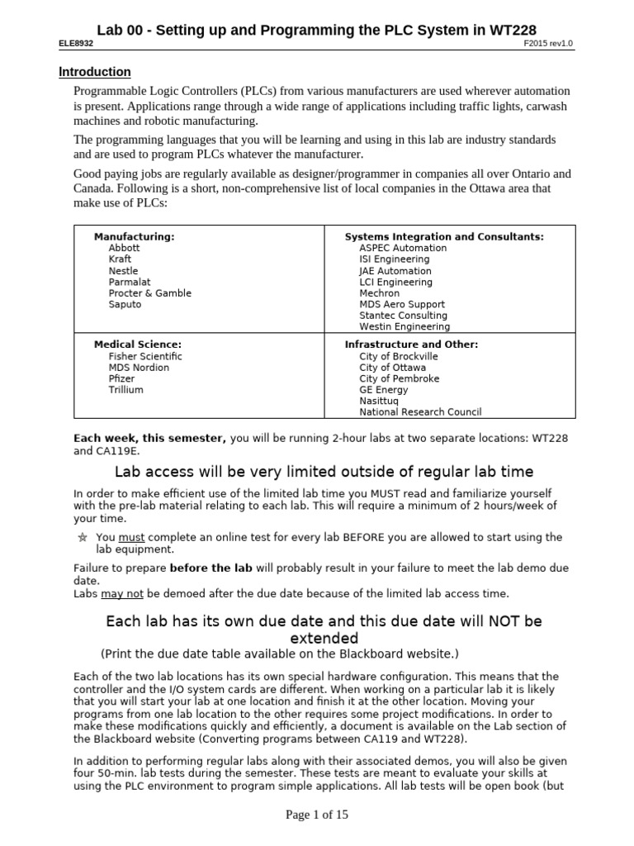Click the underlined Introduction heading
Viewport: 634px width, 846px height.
tap(94, 72)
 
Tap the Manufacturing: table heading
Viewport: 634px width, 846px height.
tap(134, 236)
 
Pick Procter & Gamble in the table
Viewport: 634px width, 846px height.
tap(149, 293)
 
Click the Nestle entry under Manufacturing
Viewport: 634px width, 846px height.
tap(123, 271)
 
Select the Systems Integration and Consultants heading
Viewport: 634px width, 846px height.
tap(443, 236)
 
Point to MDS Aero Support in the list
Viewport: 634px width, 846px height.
tap(401, 305)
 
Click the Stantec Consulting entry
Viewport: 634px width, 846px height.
tap(403, 316)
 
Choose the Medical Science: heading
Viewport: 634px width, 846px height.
tap(138, 345)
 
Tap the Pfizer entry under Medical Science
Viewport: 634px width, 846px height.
tap(121, 378)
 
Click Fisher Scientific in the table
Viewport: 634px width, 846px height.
tap(144, 356)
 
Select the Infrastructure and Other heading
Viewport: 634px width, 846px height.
tap(411, 345)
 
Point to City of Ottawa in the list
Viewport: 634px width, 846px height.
tap(392, 368)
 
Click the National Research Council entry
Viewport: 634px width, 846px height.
tap(420, 411)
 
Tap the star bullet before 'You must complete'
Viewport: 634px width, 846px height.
tap(82, 537)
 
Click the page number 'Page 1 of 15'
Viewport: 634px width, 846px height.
tap(317, 815)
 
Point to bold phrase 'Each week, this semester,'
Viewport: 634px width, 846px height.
tap(149, 438)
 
